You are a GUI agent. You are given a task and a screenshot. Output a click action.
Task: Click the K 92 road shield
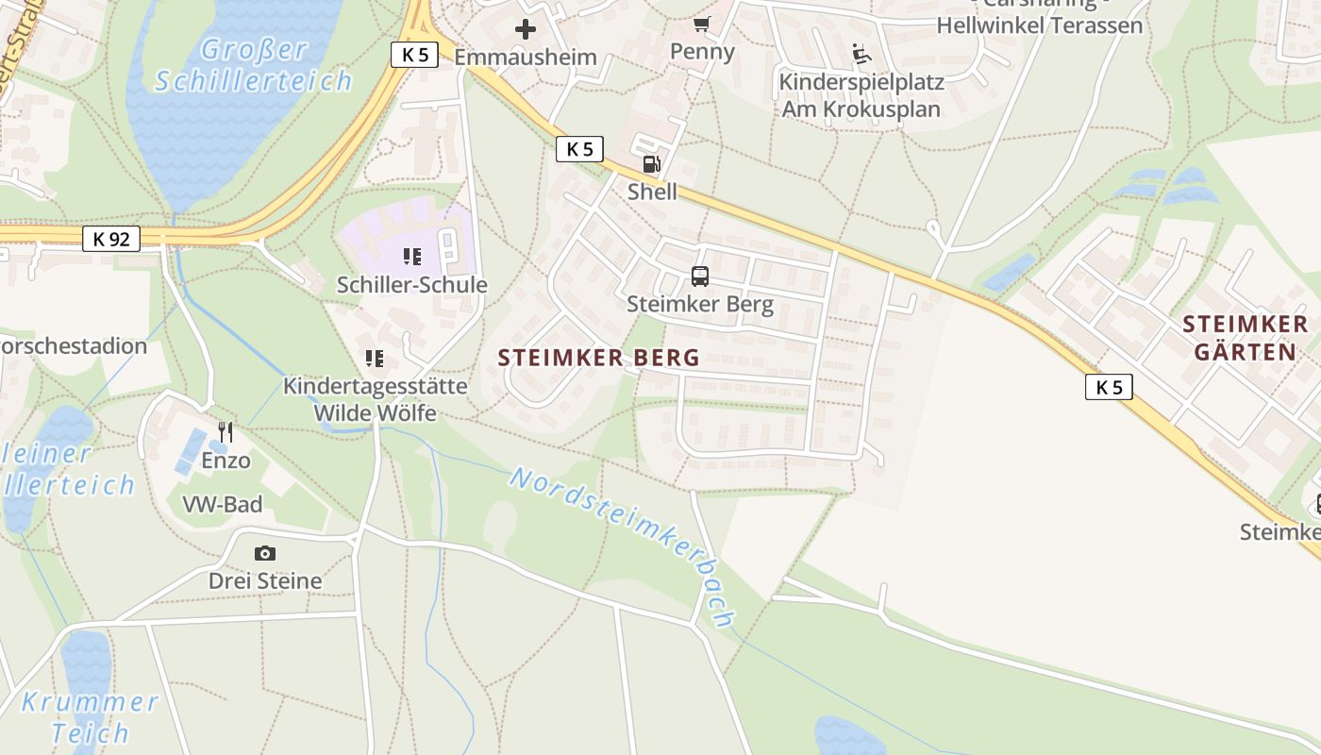click(110, 239)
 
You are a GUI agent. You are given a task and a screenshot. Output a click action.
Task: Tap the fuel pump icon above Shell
click(651, 164)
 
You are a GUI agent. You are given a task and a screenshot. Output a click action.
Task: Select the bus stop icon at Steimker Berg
click(699, 276)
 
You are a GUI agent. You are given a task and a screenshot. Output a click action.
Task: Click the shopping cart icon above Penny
click(701, 24)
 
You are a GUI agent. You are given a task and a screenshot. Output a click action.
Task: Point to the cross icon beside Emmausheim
click(526, 29)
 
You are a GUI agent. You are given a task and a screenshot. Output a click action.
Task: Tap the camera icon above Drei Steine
click(265, 553)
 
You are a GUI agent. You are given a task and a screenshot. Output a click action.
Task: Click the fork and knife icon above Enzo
click(226, 432)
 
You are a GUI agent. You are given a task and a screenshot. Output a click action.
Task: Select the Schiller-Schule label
click(412, 285)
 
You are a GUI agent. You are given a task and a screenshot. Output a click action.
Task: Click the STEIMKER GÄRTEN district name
click(1245, 339)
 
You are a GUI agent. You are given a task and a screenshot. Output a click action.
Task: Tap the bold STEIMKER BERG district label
click(599, 358)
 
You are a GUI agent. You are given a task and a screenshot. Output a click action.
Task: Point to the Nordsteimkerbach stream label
click(623, 545)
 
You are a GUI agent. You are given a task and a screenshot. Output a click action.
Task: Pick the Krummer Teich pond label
click(90, 717)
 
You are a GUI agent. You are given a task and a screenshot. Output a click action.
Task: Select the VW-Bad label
click(223, 505)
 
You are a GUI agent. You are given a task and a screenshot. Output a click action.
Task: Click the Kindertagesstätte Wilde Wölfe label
click(375, 399)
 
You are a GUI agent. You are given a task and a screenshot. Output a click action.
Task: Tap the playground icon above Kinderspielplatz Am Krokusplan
click(861, 54)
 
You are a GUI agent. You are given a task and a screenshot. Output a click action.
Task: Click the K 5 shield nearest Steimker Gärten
click(1108, 387)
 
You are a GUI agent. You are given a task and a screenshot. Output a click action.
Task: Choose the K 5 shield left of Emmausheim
click(414, 55)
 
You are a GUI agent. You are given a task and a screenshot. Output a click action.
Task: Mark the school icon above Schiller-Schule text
click(411, 256)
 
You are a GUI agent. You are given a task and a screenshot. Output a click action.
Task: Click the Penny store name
click(702, 51)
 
